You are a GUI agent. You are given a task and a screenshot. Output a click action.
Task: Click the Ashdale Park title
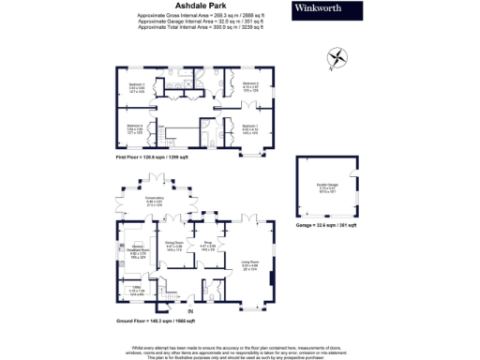click(198, 7)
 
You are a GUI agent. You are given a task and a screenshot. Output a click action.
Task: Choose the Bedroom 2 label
click(249, 86)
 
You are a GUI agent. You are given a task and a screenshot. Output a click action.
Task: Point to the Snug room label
click(207, 247)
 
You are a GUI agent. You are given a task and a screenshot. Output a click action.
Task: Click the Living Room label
click(250, 264)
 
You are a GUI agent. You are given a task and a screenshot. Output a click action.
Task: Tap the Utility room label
click(135, 289)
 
